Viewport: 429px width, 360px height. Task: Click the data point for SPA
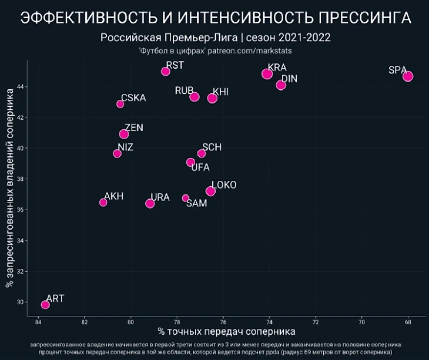(x=408, y=76)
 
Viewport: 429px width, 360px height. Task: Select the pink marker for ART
(x=45, y=305)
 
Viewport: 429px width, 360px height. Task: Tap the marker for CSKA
(x=120, y=104)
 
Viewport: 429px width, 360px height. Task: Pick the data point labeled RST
(x=166, y=72)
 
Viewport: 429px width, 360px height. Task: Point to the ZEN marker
(x=124, y=134)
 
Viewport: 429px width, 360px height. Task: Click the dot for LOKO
(x=210, y=191)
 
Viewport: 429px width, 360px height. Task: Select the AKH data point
(x=103, y=202)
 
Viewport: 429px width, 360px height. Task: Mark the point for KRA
(x=267, y=74)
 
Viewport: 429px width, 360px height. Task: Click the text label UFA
(x=200, y=167)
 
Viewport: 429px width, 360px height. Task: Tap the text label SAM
(x=196, y=203)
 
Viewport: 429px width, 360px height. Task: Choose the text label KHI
(x=221, y=92)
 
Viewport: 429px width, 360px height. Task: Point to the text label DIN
(x=290, y=79)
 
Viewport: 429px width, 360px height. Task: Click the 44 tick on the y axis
(x=20, y=87)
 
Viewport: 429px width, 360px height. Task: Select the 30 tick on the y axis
(x=20, y=302)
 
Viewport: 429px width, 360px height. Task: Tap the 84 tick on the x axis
(x=38, y=322)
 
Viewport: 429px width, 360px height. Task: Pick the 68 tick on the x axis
(x=408, y=322)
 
